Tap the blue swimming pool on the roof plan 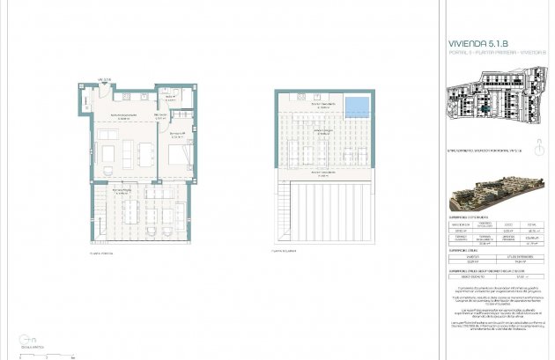click(357, 107)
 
